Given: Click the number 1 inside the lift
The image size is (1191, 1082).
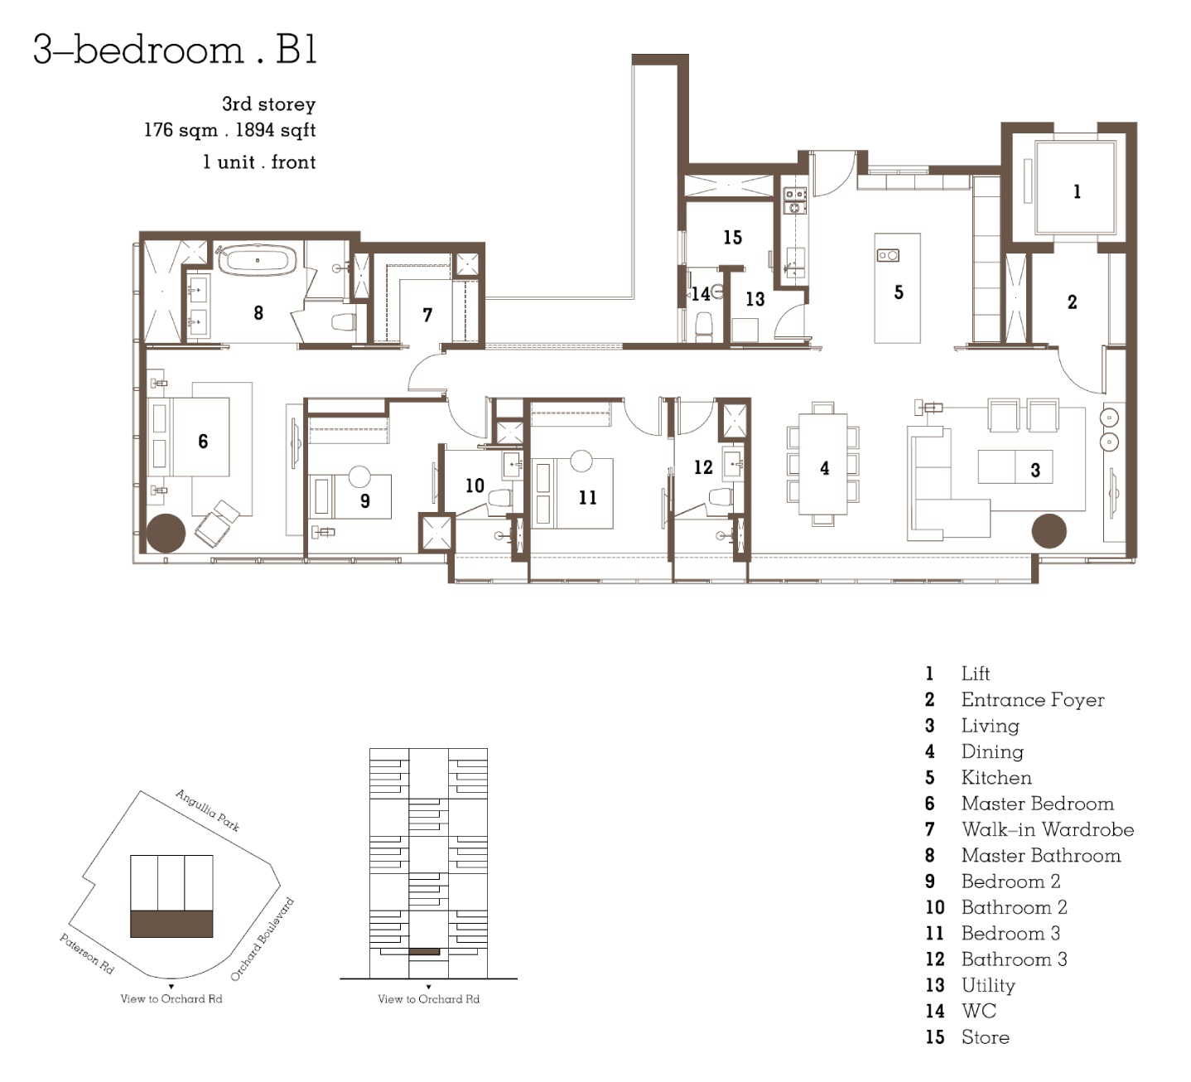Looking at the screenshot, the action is point(1077,191).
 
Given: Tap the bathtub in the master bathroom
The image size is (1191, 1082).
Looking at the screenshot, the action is point(257,260).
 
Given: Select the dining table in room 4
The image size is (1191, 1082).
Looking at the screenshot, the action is point(822,464).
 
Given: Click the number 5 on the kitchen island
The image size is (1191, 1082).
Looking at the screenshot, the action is point(899,292).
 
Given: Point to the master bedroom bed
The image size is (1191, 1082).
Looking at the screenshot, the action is point(190,437).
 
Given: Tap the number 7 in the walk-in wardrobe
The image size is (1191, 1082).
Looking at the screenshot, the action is point(427,315).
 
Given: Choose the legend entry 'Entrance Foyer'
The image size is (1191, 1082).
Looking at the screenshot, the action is point(1033,699).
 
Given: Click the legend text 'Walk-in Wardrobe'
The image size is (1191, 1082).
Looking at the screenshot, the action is point(1048,828).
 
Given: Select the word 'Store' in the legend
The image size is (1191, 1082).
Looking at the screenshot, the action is point(985,1036).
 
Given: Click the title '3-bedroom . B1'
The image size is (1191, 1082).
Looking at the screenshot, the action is point(175,49).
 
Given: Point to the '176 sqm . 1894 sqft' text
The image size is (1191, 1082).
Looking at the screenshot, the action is point(229,130).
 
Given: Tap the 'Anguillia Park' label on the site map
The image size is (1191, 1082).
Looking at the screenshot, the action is point(207,810).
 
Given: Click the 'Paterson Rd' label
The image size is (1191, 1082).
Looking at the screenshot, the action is point(87,953).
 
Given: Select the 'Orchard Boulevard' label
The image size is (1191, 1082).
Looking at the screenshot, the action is point(262,940).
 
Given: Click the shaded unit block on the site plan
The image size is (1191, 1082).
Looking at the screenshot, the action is point(171,924).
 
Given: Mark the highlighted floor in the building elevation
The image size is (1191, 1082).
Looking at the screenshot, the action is point(424,952).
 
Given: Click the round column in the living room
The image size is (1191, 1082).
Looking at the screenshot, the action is point(1049,530).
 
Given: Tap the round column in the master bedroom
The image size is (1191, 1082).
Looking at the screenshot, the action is point(166,533).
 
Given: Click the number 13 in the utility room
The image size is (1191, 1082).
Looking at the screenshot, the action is point(755,299).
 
